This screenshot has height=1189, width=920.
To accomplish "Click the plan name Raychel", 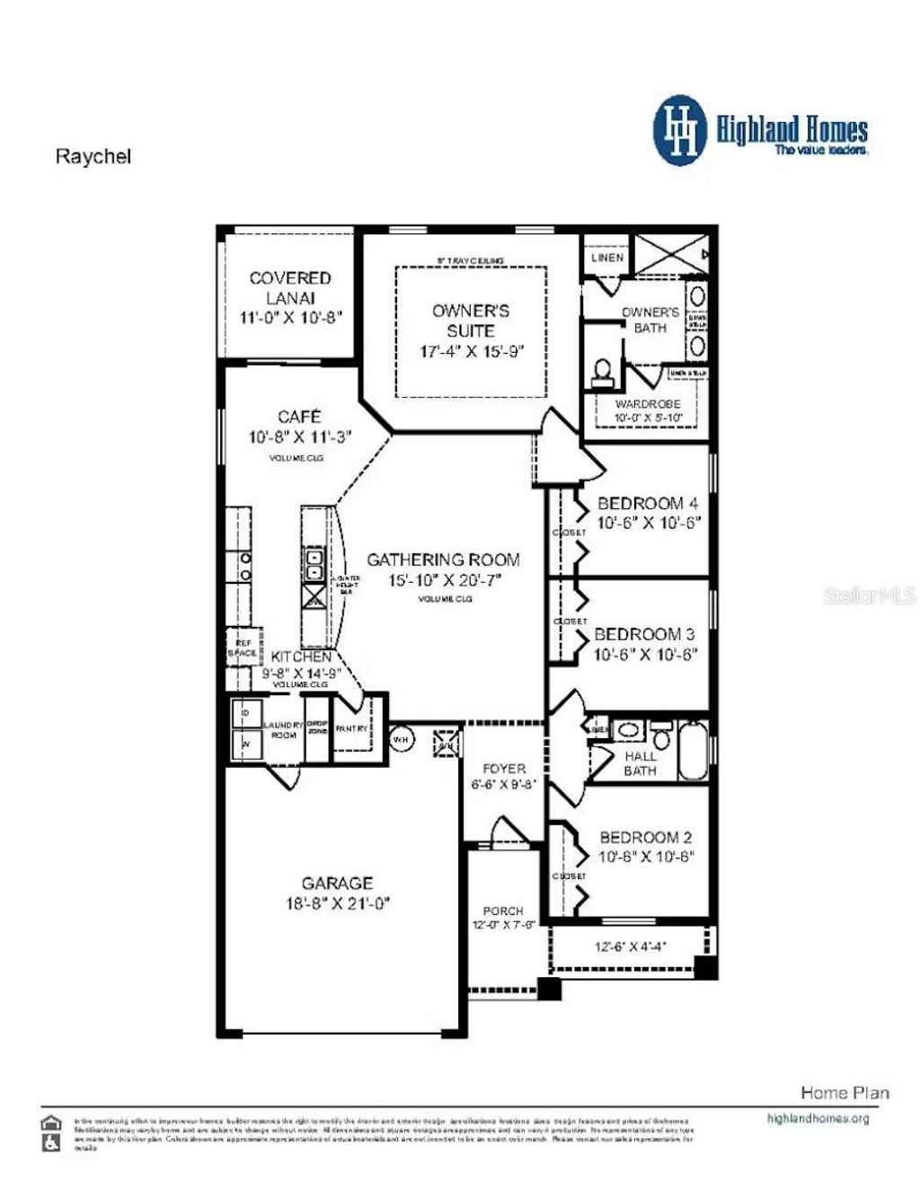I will [93, 156].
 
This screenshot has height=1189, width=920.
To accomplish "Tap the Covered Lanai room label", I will [290, 288].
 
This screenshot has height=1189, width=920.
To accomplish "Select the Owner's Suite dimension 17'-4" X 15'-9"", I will [471, 351].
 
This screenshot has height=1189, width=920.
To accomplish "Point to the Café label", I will [299, 417].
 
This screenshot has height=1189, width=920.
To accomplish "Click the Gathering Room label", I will [443, 559].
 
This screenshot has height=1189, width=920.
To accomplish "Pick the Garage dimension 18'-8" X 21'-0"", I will [337, 904].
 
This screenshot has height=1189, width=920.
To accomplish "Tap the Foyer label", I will [504, 769].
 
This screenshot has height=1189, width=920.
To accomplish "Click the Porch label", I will [503, 911].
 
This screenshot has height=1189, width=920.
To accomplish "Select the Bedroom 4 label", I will [648, 504].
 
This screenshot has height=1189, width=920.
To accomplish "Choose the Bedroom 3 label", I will [644, 634].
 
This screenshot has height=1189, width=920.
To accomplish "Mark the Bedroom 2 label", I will [646, 837].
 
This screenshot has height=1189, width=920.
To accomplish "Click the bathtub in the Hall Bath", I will [693, 751].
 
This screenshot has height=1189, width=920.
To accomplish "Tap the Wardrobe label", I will [648, 404].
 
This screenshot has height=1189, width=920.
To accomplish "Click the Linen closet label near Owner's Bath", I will [607, 258].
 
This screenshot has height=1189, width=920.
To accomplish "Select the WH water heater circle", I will [401, 739].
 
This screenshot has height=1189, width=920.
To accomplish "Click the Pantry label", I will [351, 729].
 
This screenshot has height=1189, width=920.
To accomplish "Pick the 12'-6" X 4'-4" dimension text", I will [630, 946].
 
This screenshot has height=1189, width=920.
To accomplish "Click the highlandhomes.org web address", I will [818, 1119].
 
